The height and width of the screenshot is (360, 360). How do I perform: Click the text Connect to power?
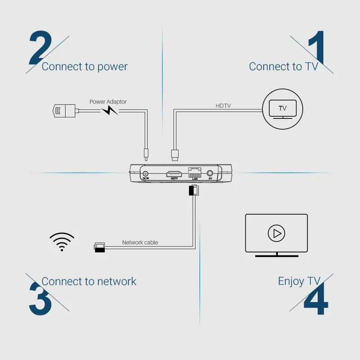pos(85,67)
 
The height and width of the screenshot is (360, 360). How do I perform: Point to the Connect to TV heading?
pos(283,67)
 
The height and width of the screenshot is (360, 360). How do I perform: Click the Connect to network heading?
pos(89,281)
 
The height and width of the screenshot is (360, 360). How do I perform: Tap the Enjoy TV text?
pos(299,281)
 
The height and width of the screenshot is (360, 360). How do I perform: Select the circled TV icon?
pos(283,108)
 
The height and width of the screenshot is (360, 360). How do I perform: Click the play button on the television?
pos(276,233)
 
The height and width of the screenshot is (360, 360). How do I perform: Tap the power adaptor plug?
pos(63,110)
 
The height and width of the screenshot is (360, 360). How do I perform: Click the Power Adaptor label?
pos(108,102)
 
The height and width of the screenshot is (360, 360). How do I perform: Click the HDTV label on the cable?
pos(223,106)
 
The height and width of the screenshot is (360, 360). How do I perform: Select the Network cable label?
pos(140,242)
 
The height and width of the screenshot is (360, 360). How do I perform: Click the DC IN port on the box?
pos(145,174)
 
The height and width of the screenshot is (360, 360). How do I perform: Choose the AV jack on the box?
pos(210,173)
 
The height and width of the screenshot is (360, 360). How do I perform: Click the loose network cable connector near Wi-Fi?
pos(99,247)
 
